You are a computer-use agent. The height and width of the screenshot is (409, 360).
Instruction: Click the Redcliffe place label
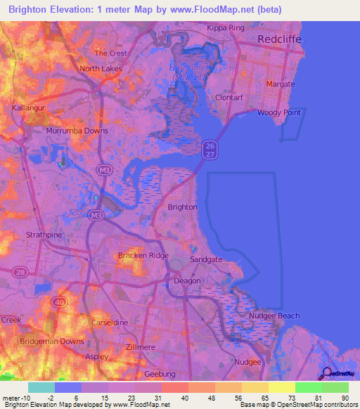[x=279, y=39]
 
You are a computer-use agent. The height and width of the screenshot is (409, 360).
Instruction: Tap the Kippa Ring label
[x=224, y=27]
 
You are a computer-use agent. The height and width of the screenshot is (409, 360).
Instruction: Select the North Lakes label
[x=101, y=69]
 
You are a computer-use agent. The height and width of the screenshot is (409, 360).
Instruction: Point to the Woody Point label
[x=279, y=112]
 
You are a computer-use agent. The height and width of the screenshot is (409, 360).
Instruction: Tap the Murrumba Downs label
[x=77, y=131]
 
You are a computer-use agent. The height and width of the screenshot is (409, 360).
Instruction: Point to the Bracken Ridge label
[x=143, y=255]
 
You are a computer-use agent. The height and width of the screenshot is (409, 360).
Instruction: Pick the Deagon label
[x=188, y=280]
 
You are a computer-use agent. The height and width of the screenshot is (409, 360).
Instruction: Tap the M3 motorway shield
[x=94, y=214]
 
